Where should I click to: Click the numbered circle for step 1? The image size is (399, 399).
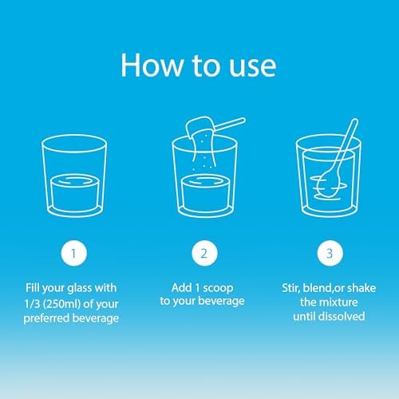[x=74, y=253]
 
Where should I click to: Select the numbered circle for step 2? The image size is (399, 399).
[x=204, y=253]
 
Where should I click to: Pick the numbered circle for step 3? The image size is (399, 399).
[x=330, y=253]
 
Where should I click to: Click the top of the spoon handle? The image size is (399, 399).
[x=354, y=121]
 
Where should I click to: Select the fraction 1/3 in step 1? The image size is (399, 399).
[x=32, y=304]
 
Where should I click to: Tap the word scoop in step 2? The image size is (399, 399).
[x=218, y=288]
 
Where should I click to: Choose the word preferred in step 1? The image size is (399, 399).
[x=46, y=318]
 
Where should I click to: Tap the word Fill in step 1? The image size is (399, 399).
[x=33, y=288]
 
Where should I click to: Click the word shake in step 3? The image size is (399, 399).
[x=361, y=288]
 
